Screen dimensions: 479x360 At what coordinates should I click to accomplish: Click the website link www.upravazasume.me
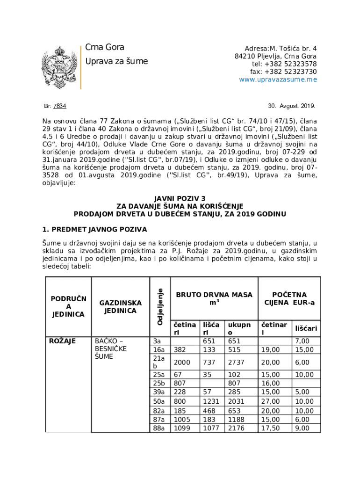click(x=278, y=80)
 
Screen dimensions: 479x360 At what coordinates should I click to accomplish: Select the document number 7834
click(x=59, y=106)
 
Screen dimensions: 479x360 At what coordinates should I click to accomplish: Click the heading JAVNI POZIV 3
click(x=180, y=198)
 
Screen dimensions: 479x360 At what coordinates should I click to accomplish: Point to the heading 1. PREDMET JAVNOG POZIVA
click(x=94, y=230)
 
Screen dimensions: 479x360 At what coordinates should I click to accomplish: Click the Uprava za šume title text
click(x=116, y=61)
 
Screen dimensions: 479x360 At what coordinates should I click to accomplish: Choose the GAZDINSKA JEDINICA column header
click(x=120, y=306)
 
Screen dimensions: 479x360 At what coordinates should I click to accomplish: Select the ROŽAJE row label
click(x=63, y=341)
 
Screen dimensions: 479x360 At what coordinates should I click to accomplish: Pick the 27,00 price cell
click(x=270, y=401)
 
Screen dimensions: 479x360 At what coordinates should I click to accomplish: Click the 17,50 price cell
click(x=270, y=428)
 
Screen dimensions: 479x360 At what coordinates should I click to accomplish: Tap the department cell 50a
click(x=159, y=401)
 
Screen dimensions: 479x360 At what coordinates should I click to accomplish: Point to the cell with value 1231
click(x=210, y=401)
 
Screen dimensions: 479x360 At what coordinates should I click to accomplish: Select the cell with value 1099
click(x=183, y=428)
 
